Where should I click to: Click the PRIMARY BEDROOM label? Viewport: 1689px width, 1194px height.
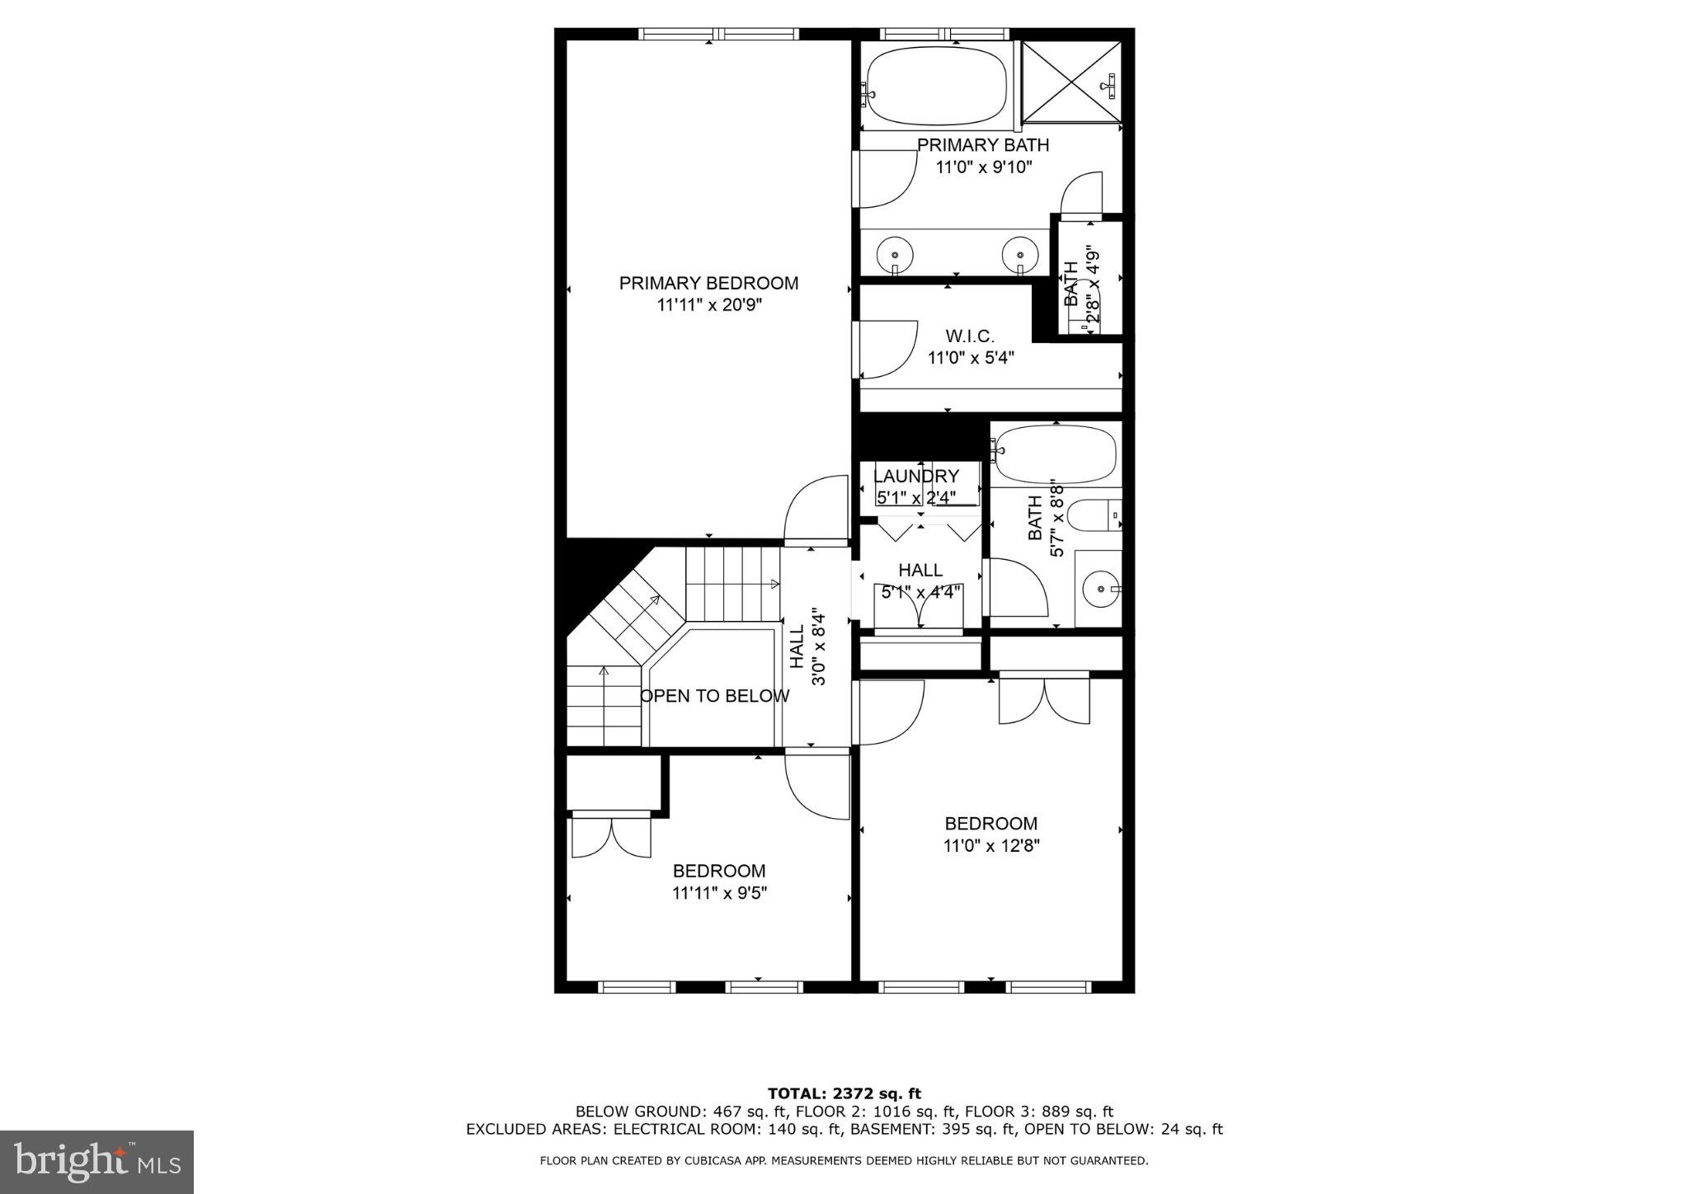point(708,284)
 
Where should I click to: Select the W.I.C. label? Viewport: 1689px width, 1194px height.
point(970,336)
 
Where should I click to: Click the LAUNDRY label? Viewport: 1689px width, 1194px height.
point(915,477)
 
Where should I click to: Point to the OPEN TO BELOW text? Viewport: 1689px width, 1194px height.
point(714,696)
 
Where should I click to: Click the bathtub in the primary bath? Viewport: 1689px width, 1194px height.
point(937,87)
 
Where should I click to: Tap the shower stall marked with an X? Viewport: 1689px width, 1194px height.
point(1071,83)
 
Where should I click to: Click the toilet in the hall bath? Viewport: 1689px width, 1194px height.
point(1094,516)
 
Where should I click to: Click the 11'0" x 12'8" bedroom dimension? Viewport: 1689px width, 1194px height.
point(991,845)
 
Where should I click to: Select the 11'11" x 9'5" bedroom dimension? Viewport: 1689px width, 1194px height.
point(719,893)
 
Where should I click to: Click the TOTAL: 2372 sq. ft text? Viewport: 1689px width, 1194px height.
point(844,1094)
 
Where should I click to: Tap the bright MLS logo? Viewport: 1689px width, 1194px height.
point(97,1162)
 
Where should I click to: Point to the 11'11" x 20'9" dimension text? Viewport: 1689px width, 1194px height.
point(708,305)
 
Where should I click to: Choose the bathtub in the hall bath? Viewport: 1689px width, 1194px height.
point(1055,455)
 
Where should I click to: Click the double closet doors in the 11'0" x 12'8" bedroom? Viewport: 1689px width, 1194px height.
point(1044,699)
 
